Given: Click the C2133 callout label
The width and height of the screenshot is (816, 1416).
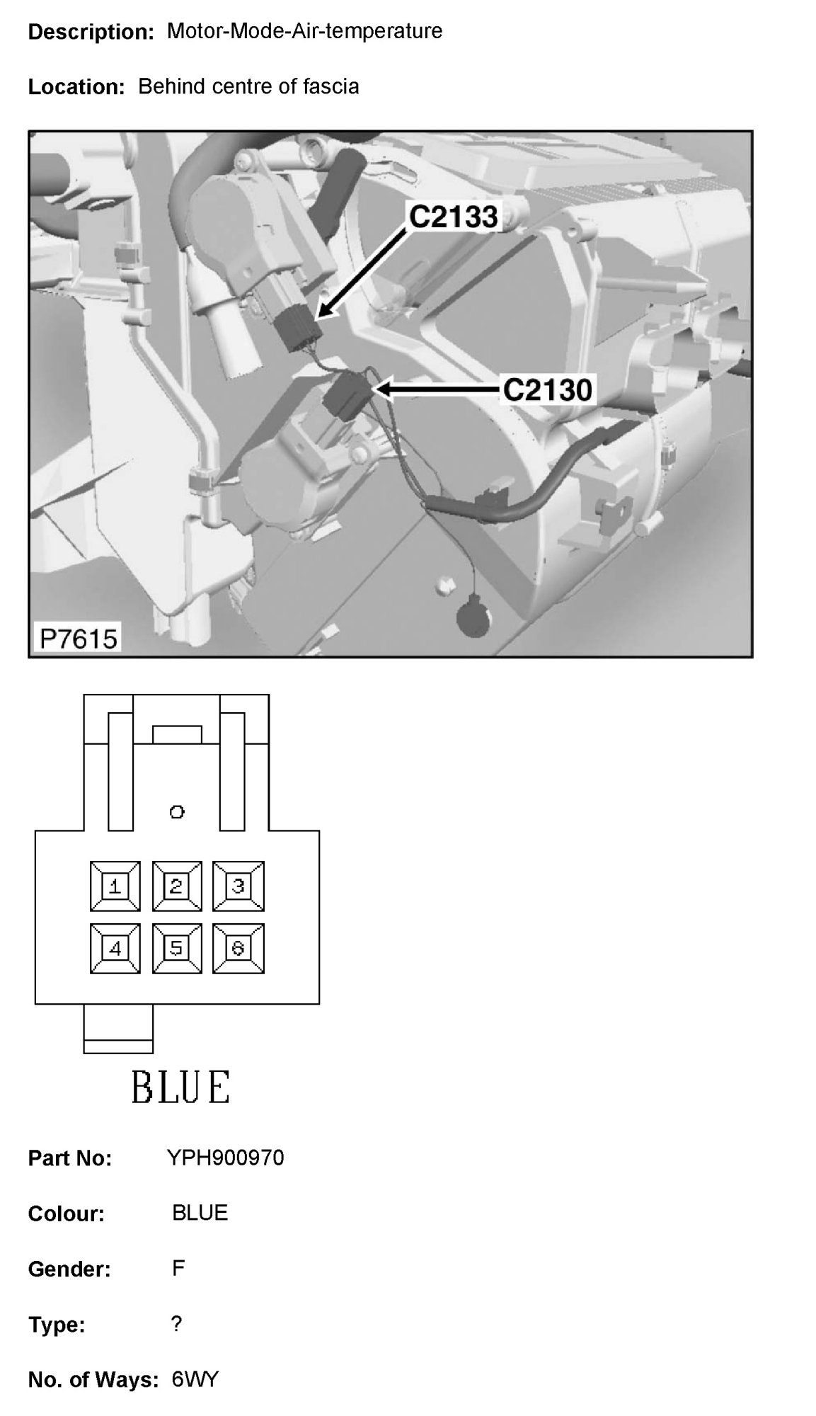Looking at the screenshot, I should [454, 217].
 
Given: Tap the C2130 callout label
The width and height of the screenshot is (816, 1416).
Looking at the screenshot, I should [547, 389].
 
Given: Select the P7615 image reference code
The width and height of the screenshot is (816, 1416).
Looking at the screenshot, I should [78, 639].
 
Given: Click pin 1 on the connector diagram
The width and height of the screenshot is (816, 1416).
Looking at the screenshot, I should [115, 886].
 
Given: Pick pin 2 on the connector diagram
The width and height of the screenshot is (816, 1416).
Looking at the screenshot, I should [176, 886].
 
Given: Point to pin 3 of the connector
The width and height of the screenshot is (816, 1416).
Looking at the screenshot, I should [238, 886].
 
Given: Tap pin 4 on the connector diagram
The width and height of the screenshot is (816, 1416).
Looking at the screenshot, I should [115, 948].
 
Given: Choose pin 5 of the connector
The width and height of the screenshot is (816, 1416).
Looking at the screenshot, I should [176, 948].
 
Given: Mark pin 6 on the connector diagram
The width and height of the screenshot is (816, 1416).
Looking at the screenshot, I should [238, 948].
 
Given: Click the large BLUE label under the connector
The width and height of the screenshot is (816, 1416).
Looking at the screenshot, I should [180, 1087].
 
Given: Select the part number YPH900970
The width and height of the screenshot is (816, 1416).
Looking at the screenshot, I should [225, 1158].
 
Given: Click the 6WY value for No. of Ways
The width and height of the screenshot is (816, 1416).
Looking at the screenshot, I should [195, 1379].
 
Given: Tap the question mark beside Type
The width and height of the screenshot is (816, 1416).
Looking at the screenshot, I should [177, 1323].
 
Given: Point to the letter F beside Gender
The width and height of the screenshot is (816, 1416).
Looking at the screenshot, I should [178, 1268].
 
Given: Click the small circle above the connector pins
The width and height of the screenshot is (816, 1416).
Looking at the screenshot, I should [177, 811].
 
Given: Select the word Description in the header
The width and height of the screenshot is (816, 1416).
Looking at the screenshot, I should [91, 32].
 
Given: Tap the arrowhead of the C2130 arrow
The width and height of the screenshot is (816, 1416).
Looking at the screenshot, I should [381, 389].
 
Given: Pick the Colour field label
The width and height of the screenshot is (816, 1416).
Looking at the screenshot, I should [66, 1214].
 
